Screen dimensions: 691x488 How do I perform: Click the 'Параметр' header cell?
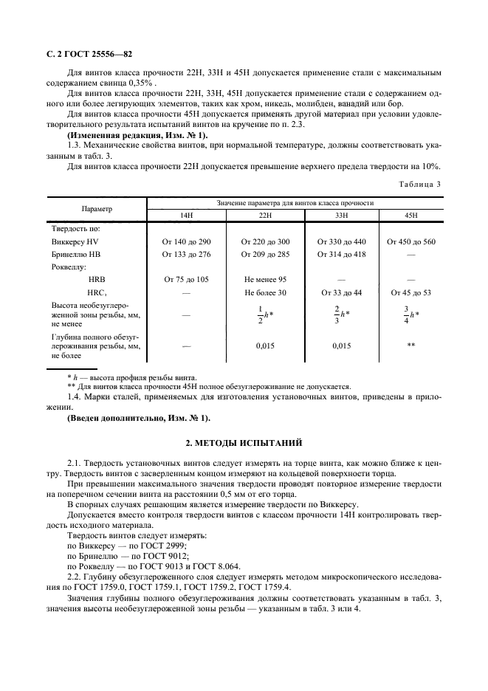tap(97, 208)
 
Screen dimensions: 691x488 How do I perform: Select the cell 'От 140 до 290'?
tap(187, 241)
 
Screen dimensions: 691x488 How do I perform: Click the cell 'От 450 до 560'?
tap(411, 241)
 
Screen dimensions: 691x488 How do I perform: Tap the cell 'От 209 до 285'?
tap(266, 254)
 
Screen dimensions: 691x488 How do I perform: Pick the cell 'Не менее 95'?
tap(266, 280)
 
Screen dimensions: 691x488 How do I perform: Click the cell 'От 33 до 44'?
tap(341, 292)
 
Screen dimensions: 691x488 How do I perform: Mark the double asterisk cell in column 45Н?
tap(411, 345)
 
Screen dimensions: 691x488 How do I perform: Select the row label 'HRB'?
tap(97, 280)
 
